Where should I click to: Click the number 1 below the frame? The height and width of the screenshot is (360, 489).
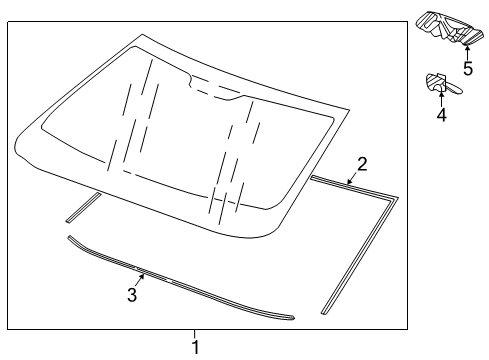pyautogui.click(x=196, y=347)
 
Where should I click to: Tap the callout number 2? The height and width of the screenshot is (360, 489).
pyautogui.click(x=363, y=162)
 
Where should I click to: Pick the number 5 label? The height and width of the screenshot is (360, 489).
pyautogui.click(x=467, y=68)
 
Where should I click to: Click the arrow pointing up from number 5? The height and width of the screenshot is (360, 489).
pyautogui.click(x=466, y=51)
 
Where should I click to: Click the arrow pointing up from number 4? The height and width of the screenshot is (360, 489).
pyautogui.click(x=440, y=97)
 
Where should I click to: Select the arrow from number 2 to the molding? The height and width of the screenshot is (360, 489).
pyautogui.click(x=353, y=177)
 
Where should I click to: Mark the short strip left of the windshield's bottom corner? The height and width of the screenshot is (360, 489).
pyautogui.click(x=82, y=209)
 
